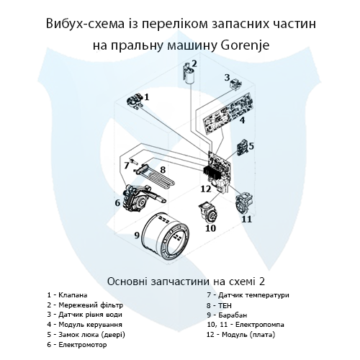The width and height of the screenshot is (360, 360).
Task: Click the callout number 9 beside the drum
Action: click(x=135, y=235)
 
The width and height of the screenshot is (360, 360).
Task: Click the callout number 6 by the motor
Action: click(x=117, y=203)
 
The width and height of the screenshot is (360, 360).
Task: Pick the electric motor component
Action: click(x=135, y=197)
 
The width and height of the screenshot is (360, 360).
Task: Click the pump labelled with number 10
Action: click(x=209, y=212)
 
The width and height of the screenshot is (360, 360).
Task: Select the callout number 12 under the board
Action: click(x=205, y=189)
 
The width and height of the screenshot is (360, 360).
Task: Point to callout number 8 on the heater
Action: click(x=163, y=170)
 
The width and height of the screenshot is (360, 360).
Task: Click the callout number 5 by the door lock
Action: click(x=251, y=146)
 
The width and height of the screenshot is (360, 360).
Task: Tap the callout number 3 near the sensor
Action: click(x=227, y=78)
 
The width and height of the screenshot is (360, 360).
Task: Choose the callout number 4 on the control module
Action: click(x=243, y=121)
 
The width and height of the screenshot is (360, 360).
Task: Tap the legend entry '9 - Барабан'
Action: click(x=226, y=315)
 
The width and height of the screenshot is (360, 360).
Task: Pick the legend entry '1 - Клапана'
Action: click(x=67, y=295)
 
